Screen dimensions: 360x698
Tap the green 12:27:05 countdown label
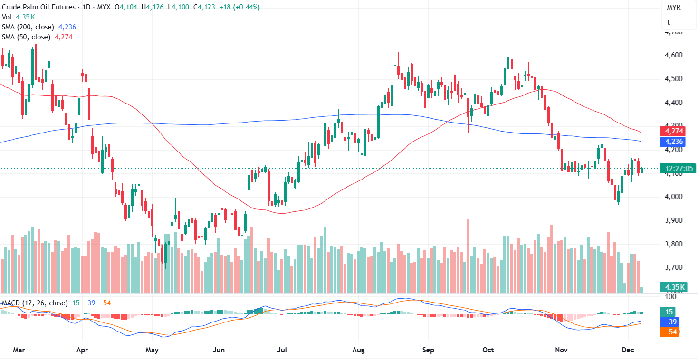[679, 169]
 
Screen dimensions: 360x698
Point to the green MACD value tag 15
[669, 312]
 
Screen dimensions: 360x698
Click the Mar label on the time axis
[19, 350]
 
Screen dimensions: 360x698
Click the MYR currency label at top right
[673, 8]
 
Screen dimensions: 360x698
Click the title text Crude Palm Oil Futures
[38, 7]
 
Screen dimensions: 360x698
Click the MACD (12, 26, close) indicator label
[35, 303]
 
